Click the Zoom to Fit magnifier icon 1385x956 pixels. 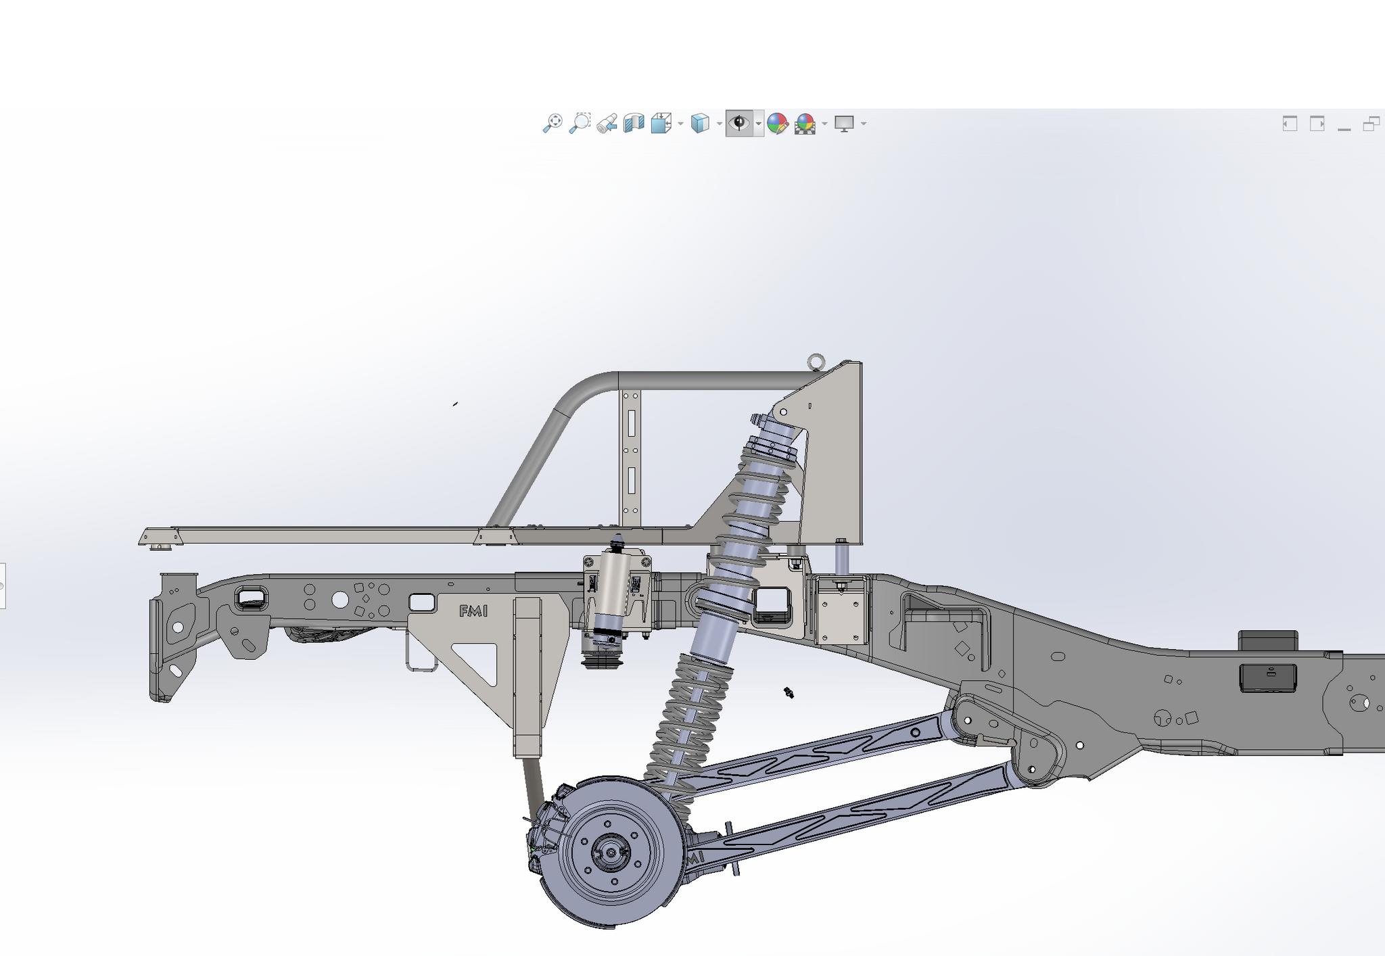pos(552,123)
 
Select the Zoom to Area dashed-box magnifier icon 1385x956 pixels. pos(580,123)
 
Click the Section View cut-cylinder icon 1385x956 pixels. pos(633,123)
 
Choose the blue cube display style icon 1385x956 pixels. pos(699,123)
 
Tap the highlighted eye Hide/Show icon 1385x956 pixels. pos(738,123)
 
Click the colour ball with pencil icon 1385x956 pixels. pos(777,123)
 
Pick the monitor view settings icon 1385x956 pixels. pos(843,123)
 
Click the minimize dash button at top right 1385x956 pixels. pos(1344,125)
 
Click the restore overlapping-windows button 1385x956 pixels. pos(1371,124)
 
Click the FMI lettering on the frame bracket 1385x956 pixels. pos(473,611)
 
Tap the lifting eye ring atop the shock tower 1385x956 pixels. pos(816,362)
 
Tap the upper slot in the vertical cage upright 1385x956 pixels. pos(631,423)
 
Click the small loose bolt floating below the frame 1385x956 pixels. pos(788,692)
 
